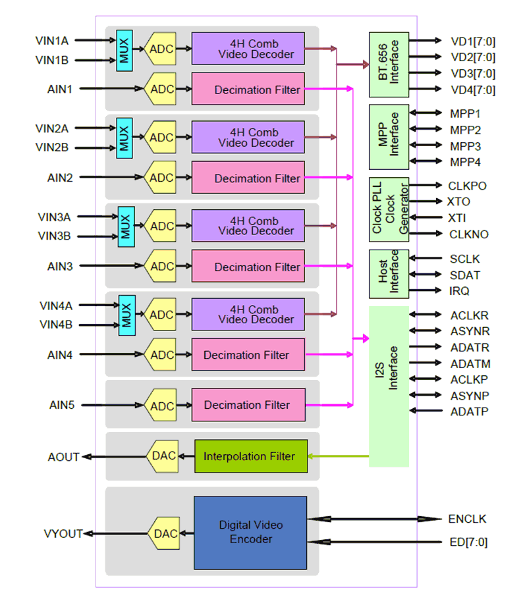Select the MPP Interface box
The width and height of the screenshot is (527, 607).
click(389, 136)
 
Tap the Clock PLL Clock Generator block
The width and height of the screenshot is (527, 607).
click(389, 210)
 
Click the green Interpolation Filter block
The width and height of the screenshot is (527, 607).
click(251, 456)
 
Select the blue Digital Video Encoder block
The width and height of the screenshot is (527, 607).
click(250, 533)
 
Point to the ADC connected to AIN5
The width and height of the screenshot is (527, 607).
click(161, 405)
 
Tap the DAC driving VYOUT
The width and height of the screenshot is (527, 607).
click(163, 533)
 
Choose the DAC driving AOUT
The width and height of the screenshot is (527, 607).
click(163, 456)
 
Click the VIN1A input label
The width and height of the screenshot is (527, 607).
click(52, 41)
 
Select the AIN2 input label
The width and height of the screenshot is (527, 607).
click(60, 178)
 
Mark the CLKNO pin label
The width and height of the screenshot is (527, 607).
click(468, 234)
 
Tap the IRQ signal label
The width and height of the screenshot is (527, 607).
click(460, 290)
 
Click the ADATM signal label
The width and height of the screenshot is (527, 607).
click(470, 363)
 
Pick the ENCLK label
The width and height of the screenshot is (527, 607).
click(467, 519)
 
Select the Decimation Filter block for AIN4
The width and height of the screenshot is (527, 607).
click(248, 355)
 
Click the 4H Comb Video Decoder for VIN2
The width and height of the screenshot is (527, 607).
click(248, 137)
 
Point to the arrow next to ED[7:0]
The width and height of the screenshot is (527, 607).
click(376, 542)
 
